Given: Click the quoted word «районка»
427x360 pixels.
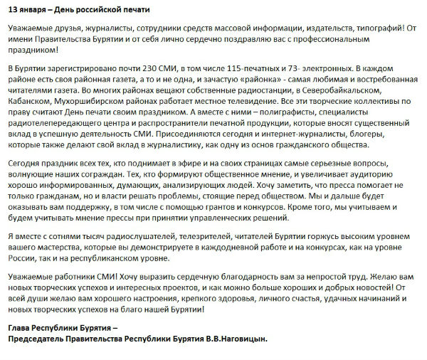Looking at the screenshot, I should [231, 78].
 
